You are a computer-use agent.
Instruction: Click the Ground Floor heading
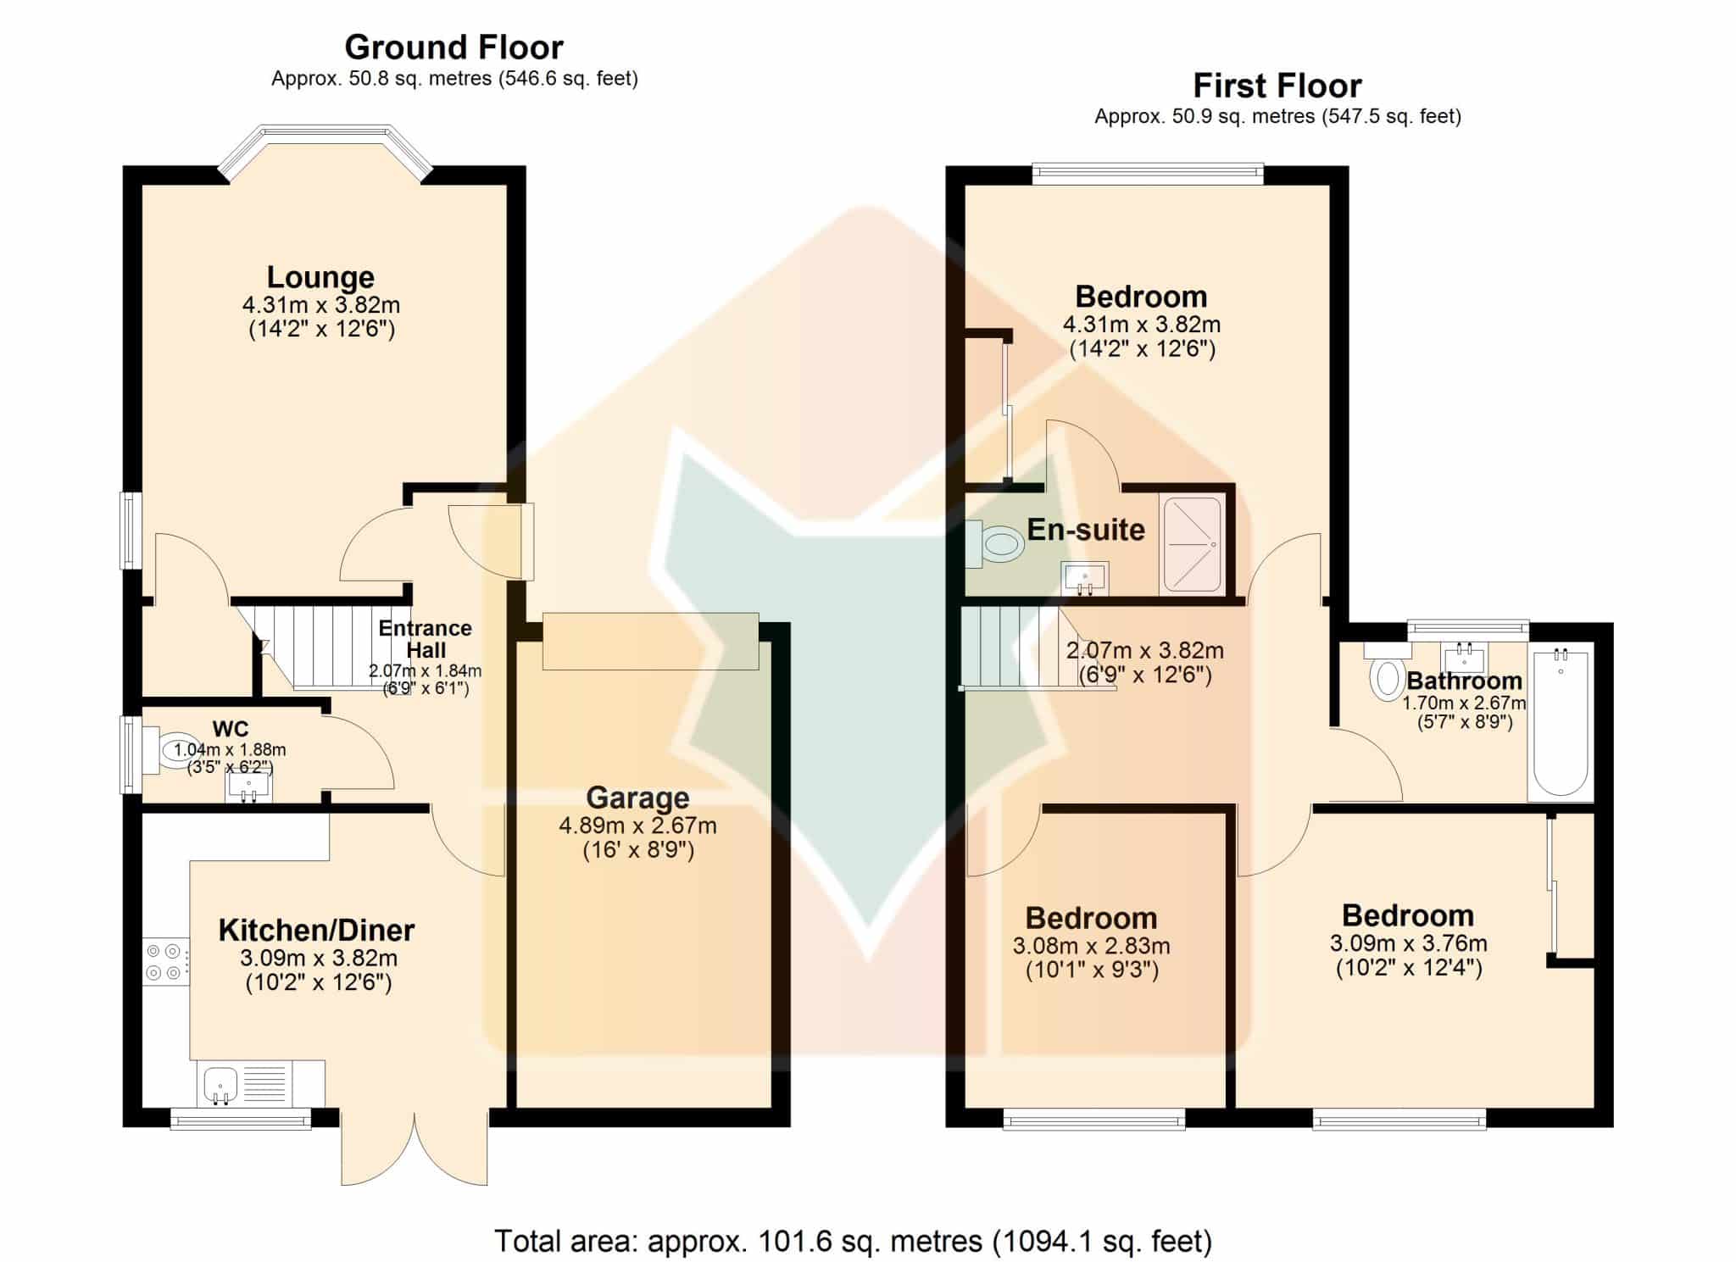(453, 47)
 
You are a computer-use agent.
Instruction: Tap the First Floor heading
(1277, 86)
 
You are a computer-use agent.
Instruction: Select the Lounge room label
(320, 277)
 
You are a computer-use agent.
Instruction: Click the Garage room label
(637, 798)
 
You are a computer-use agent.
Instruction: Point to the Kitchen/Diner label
(316, 930)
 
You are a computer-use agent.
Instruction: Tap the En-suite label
(1086, 530)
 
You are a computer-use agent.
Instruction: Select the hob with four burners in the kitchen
(165, 962)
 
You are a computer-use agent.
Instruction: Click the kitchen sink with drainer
(245, 1083)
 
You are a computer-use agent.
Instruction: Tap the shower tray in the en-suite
(1192, 544)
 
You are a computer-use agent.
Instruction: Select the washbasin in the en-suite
(1084, 578)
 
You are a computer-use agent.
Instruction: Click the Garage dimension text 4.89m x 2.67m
(637, 826)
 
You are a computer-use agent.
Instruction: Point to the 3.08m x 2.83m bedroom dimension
(1091, 946)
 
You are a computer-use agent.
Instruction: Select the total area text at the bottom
(853, 1241)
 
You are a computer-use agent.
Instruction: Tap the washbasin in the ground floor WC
(248, 787)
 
